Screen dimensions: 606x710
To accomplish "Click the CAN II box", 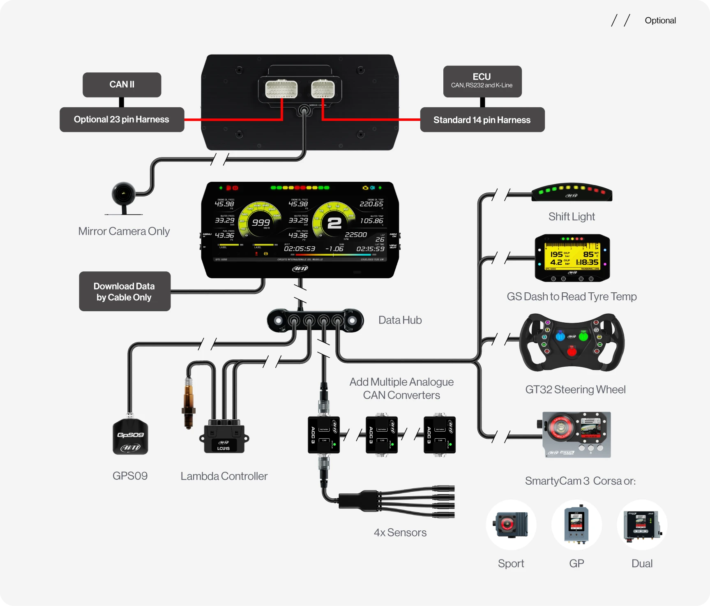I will click(122, 85).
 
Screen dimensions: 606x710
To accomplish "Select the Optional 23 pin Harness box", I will click(122, 120).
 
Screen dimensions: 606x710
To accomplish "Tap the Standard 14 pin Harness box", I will click(482, 120).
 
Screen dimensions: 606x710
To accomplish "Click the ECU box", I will click(482, 81).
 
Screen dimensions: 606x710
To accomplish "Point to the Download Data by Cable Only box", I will click(124, 291).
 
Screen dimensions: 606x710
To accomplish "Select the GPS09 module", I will click(130, 436).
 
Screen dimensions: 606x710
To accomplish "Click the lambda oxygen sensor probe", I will click(189, 403).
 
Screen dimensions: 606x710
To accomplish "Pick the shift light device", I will click(572, 192).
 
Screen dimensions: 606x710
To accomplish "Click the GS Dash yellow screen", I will click(572, 257).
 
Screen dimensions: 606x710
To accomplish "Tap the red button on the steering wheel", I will click(572, 352).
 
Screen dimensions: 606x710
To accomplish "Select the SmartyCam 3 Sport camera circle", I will click(511, 525).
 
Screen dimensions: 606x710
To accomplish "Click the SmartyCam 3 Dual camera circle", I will click(642, 525).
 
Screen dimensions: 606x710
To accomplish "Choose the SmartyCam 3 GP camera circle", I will click(576, 525).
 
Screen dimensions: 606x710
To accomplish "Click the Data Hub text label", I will click(400, 320).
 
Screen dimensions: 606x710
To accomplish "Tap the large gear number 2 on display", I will click(334, 223).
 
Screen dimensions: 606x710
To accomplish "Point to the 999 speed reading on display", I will click(261, 222).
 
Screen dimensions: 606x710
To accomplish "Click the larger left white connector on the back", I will click(281, 89).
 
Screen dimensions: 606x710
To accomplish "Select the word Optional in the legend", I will click(660, 21).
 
